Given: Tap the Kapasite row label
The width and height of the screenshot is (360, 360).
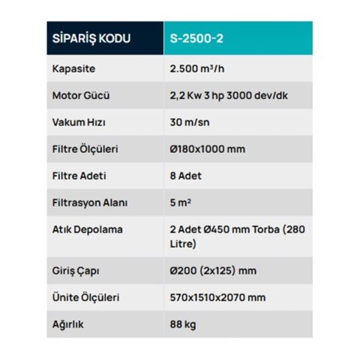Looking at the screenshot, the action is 73,70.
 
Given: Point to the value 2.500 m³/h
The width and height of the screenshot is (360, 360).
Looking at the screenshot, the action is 198,70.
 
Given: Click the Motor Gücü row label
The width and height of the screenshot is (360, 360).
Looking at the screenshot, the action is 80,96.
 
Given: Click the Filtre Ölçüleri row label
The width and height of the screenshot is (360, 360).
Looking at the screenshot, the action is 85,148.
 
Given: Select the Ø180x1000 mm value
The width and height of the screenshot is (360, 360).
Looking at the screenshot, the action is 208,148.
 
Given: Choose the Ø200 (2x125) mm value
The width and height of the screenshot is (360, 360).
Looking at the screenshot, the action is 212,270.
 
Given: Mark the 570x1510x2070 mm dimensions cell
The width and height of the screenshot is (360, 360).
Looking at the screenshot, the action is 217,297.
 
